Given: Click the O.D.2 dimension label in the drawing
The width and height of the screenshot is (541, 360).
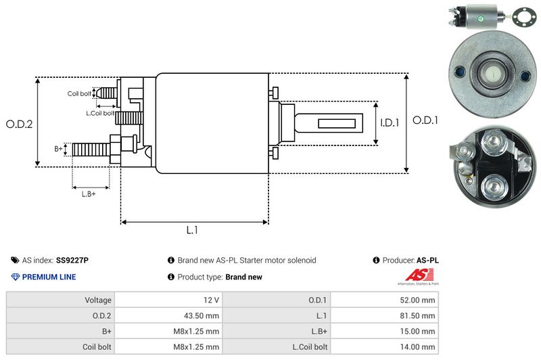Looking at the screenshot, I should click(20, 124).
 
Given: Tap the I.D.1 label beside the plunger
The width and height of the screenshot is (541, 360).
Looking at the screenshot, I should click(390, 123).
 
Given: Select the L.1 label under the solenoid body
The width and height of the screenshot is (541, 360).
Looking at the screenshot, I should click(192, 230).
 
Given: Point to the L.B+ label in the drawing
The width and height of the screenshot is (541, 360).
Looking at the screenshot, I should click(89, 194).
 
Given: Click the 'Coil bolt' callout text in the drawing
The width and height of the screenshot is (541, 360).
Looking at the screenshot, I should click(78, 93).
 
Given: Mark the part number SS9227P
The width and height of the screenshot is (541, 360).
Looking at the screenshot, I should click(72, 260).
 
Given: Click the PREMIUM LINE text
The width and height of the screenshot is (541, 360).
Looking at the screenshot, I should click(49, 277).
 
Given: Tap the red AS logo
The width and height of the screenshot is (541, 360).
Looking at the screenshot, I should click(414, 274).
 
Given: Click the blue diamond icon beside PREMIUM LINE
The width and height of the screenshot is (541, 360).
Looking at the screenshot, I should click(15, 277).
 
